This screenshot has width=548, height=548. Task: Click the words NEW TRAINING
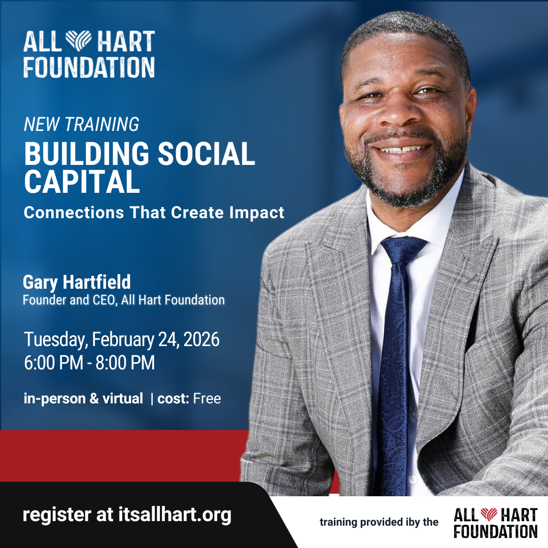[x=81, y=124]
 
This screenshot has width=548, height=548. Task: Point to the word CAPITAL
[x=82, y=181]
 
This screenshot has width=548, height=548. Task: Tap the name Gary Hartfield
[x=77, y=282]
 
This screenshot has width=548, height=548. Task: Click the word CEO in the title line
[x=104, y=300]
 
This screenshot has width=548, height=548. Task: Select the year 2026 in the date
[x=201, y=339]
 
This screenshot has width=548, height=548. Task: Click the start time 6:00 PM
[x=53, y=362]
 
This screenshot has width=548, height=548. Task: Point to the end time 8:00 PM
[x=125, y=362]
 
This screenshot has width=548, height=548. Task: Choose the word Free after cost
[x=207, y=398]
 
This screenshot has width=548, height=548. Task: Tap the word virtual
[x=123, y=398]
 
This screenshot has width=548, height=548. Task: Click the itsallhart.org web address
[x=175, y=515]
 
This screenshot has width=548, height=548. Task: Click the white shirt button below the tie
[x=413, y=479]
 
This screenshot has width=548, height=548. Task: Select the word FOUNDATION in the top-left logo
[x=89, y=67]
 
